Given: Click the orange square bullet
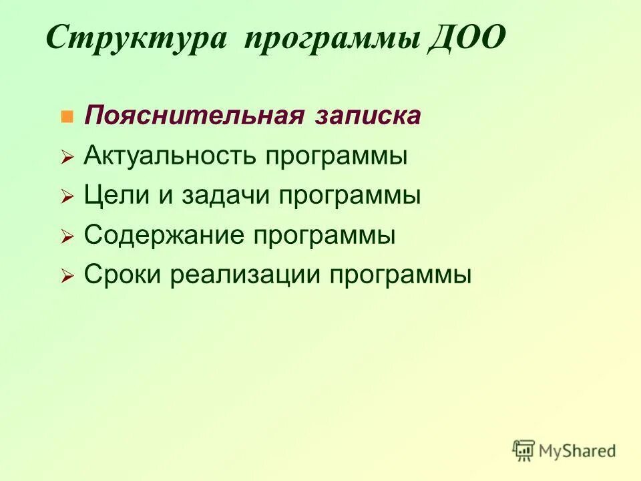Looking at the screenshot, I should (66, 118).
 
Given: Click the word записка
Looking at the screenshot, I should (365, 116).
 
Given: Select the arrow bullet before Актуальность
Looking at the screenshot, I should (66, 158).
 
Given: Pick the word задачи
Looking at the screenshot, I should (220, 196).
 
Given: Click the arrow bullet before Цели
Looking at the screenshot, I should (66, 198).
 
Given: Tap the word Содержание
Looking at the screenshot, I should (166, 235).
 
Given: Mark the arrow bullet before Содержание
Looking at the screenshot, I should (66, 237).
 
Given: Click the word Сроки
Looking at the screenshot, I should (122, 275).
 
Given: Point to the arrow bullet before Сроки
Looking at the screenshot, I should (66, 277).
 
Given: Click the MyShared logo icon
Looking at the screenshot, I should (524, 450).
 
